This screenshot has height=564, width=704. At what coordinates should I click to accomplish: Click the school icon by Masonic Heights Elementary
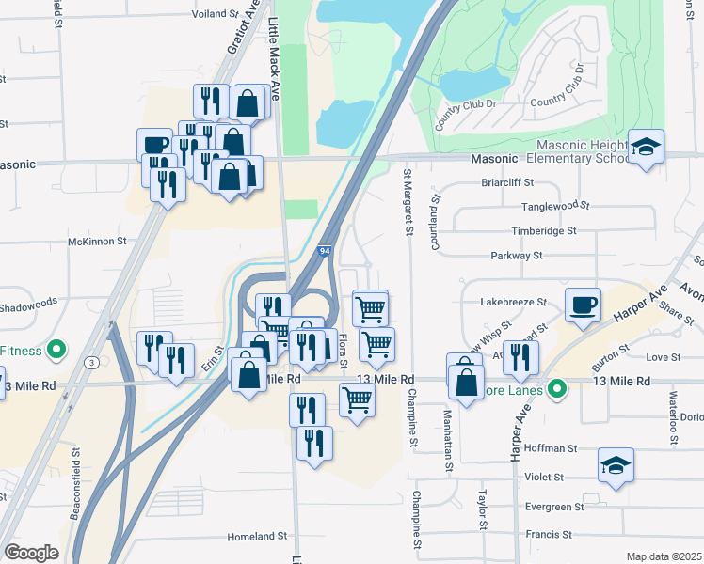[x=647, y=147]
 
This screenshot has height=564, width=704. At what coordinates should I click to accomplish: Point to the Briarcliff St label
[x=507, y=183]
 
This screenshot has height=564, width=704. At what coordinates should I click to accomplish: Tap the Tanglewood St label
[x=555, y=205]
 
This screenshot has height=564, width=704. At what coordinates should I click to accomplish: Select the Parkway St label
[x=517, y=256]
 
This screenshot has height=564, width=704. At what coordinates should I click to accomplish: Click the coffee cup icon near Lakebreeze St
[x=583, y=305]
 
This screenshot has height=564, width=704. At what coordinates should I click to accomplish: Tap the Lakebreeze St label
[x=513, y=303]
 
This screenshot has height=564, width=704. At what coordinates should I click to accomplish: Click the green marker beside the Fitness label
[x=56, y=352]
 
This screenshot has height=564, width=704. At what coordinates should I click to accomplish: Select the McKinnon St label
[x=97, y=242]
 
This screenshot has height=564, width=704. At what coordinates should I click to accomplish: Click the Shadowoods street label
[x=29, y=302]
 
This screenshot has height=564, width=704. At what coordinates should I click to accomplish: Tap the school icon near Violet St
[x=616, y=465]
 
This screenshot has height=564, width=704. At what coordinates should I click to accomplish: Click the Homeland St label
[x=256, y=537]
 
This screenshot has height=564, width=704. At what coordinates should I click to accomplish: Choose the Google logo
[x=31, y=553]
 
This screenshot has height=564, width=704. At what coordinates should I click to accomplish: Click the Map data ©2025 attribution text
[x=664, y=556]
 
